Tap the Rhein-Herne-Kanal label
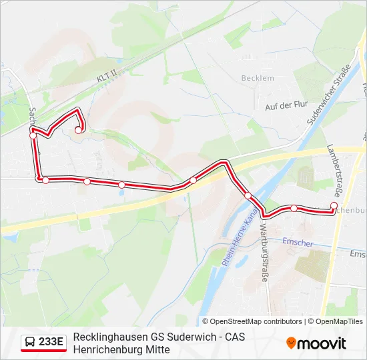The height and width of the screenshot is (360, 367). pyautogui.click(x=239, y=241)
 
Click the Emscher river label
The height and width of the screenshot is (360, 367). pyautogui.click(x=297, y=243)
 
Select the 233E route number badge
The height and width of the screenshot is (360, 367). pyautogui.click(x=51, y=343)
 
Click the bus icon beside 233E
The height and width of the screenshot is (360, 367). pyautogui.click(x=30, y=343)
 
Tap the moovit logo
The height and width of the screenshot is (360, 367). pyautogui.click(x=317, y=343)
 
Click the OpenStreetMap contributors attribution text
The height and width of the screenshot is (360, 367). pyautogui.click(x=252, y=321)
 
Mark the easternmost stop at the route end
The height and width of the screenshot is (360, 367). pyautogui.click(x=334, y=205)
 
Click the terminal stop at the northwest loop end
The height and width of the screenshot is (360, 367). pyautogui.click(x=78, y=130)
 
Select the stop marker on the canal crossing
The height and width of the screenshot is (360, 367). pyautogui.click(x=248, y=196)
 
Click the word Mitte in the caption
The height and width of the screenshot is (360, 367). pyautogui.click(x=159, y=349)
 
